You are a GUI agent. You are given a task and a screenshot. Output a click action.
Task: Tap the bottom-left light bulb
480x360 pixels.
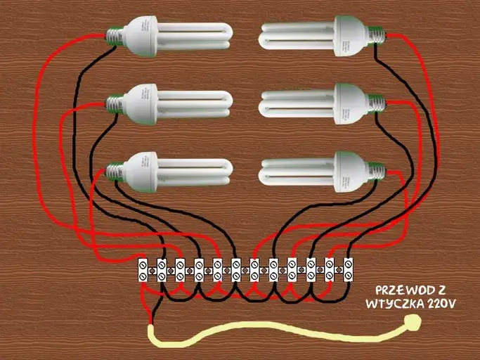[169, 173]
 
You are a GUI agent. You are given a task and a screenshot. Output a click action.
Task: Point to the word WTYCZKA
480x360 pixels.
[390, 304]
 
